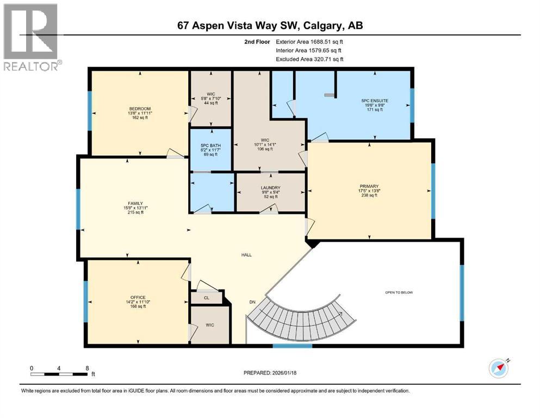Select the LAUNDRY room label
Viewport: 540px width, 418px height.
pos(270,187)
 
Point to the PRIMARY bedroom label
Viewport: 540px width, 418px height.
pos(369,186)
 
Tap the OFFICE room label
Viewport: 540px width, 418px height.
pos(138,297)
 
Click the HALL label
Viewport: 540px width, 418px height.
pos(247,255)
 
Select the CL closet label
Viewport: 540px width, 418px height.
pos(206,298)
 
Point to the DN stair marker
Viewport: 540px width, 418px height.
pos(252,302)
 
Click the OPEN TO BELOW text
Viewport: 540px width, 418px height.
pos(399,292)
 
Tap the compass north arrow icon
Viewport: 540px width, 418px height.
pos(498,368)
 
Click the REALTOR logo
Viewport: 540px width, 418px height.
pos(32,37)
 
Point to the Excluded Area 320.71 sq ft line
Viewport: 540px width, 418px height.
pos(309,59)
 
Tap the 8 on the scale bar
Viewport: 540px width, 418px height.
pos(87,367)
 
